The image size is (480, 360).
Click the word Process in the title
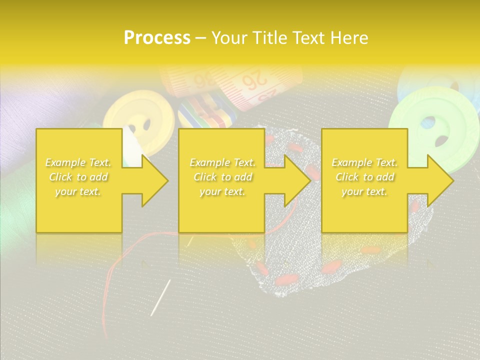coord(157,38)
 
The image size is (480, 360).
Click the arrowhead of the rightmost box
coord(440,180)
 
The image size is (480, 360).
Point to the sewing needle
coord(160,297)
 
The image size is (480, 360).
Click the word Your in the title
coord(229,38)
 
